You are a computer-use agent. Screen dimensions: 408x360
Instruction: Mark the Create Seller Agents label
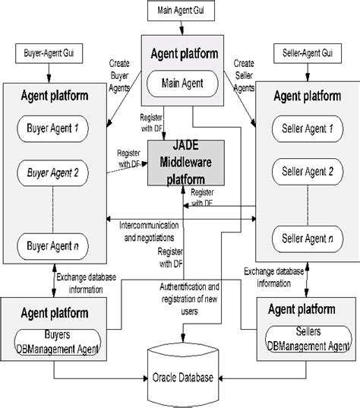(244, 76)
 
